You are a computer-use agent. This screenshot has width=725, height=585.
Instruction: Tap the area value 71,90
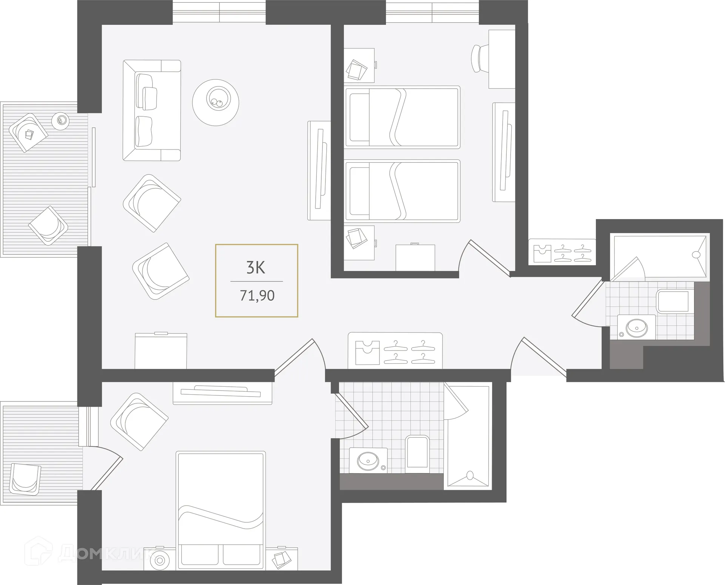point(257,295)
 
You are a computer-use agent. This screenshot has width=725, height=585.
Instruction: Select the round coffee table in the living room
point(215,102)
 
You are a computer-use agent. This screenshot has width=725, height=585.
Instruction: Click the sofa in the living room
point(151,110)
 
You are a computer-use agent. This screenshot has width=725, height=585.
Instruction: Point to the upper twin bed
point(402,117)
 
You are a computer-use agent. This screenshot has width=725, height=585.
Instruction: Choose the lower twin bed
point(402,191)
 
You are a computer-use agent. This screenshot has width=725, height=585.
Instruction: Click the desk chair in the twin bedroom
point(480,58)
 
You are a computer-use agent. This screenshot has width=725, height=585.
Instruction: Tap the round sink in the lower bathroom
point(368,460)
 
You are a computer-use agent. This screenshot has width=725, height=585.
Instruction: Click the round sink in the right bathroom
point(636,327)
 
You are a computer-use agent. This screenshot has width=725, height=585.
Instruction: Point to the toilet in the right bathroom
point(675,301)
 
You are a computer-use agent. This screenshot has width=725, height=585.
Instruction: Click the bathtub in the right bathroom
point(660,257)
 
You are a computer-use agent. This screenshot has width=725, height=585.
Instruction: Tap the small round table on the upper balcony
point(62,121)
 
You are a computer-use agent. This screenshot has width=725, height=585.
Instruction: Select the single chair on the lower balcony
point(25,479)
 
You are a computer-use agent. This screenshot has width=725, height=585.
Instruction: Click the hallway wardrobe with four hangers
point(395,351)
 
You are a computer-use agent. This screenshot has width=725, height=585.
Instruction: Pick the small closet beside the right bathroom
point(562,252)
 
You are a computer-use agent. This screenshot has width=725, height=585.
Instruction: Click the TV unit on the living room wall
point(319,171)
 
